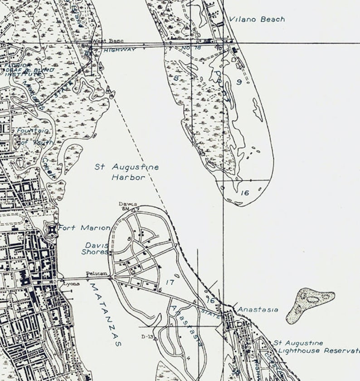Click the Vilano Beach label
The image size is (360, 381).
pos(257,19)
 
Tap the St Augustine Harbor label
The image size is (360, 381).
pos(127,172)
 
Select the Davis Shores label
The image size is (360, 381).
pos(96,248)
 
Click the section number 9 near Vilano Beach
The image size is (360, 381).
pos(239,82)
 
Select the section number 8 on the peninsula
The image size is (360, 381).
pos(176,78)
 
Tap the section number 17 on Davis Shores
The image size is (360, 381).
pos(170,282)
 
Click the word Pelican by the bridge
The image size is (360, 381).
pos(97,274)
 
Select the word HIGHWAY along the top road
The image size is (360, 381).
pos(119,49)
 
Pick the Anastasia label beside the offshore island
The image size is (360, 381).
pos(258,310)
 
